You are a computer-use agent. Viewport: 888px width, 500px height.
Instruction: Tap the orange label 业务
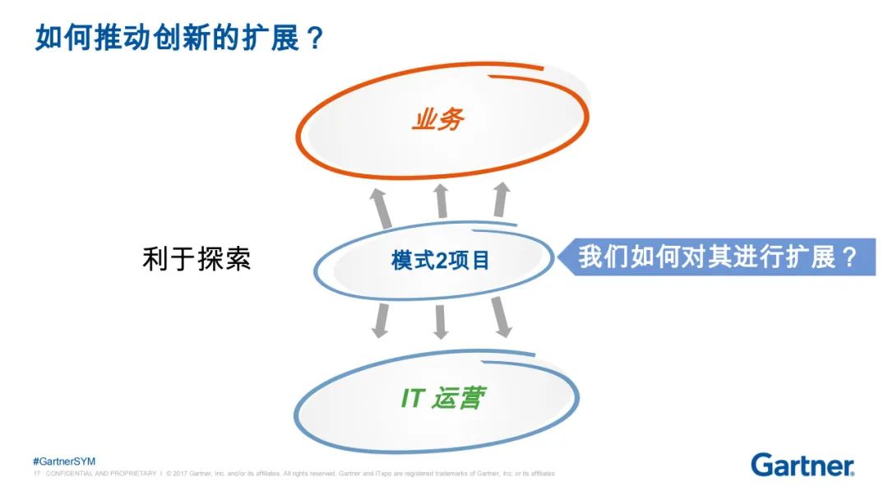click(437, 119)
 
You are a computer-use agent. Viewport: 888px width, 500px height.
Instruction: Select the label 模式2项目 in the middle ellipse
click(440, 261)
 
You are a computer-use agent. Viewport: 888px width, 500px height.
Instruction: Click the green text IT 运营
click(442, 400)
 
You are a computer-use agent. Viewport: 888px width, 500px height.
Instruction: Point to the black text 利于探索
click(197, 259)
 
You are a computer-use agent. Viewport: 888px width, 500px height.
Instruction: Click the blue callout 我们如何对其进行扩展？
click(718, 257)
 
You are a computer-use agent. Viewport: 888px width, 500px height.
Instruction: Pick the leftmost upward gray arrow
click(381, 207)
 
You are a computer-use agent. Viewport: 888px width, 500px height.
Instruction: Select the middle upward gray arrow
click(441, 201)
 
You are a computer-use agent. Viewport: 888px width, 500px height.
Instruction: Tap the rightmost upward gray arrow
click(501, 201)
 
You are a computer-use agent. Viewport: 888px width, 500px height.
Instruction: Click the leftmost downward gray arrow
click(381, 319)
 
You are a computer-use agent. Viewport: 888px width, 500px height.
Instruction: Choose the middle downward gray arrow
click(441, 321)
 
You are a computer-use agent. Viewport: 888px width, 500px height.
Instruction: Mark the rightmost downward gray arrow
click(501, 317)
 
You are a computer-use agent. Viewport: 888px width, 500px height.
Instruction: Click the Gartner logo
click(802, 465)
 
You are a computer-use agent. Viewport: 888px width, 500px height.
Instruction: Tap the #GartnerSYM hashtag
click(64, 461)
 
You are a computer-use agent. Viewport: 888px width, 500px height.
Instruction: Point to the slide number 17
click(36, 474)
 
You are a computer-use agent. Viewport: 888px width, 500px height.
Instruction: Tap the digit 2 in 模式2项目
click(441, 262)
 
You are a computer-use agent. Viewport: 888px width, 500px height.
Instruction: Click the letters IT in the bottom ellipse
click(413, 400)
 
